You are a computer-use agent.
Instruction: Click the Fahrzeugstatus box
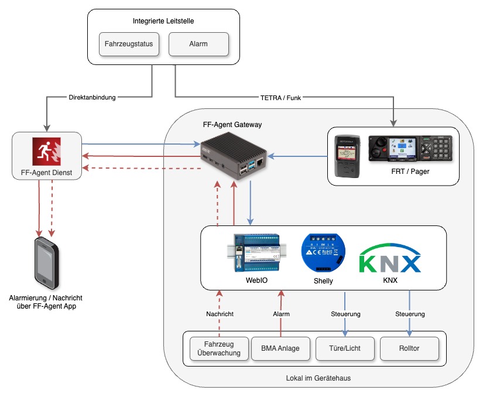[129, 44]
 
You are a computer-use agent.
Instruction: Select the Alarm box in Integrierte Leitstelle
[198, 44]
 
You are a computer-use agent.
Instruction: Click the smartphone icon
[47, 262]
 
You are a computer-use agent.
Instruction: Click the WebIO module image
[256, 252]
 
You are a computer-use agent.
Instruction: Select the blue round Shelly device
[323, 252]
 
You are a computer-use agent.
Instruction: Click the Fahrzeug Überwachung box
[219, 348]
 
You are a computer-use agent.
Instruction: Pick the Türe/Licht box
[345, 348]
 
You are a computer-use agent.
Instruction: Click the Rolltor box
[409, 348]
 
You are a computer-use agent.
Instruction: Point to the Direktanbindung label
[91, 97]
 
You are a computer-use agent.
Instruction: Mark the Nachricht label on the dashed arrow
[220, 314]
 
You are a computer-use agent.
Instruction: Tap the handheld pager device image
[345, 156]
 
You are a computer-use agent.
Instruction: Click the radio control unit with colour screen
[410, 149]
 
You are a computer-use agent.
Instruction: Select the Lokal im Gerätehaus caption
[318, 378]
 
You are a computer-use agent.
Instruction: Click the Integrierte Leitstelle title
[163, 21]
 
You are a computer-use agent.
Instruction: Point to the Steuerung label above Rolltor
[410, 314]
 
